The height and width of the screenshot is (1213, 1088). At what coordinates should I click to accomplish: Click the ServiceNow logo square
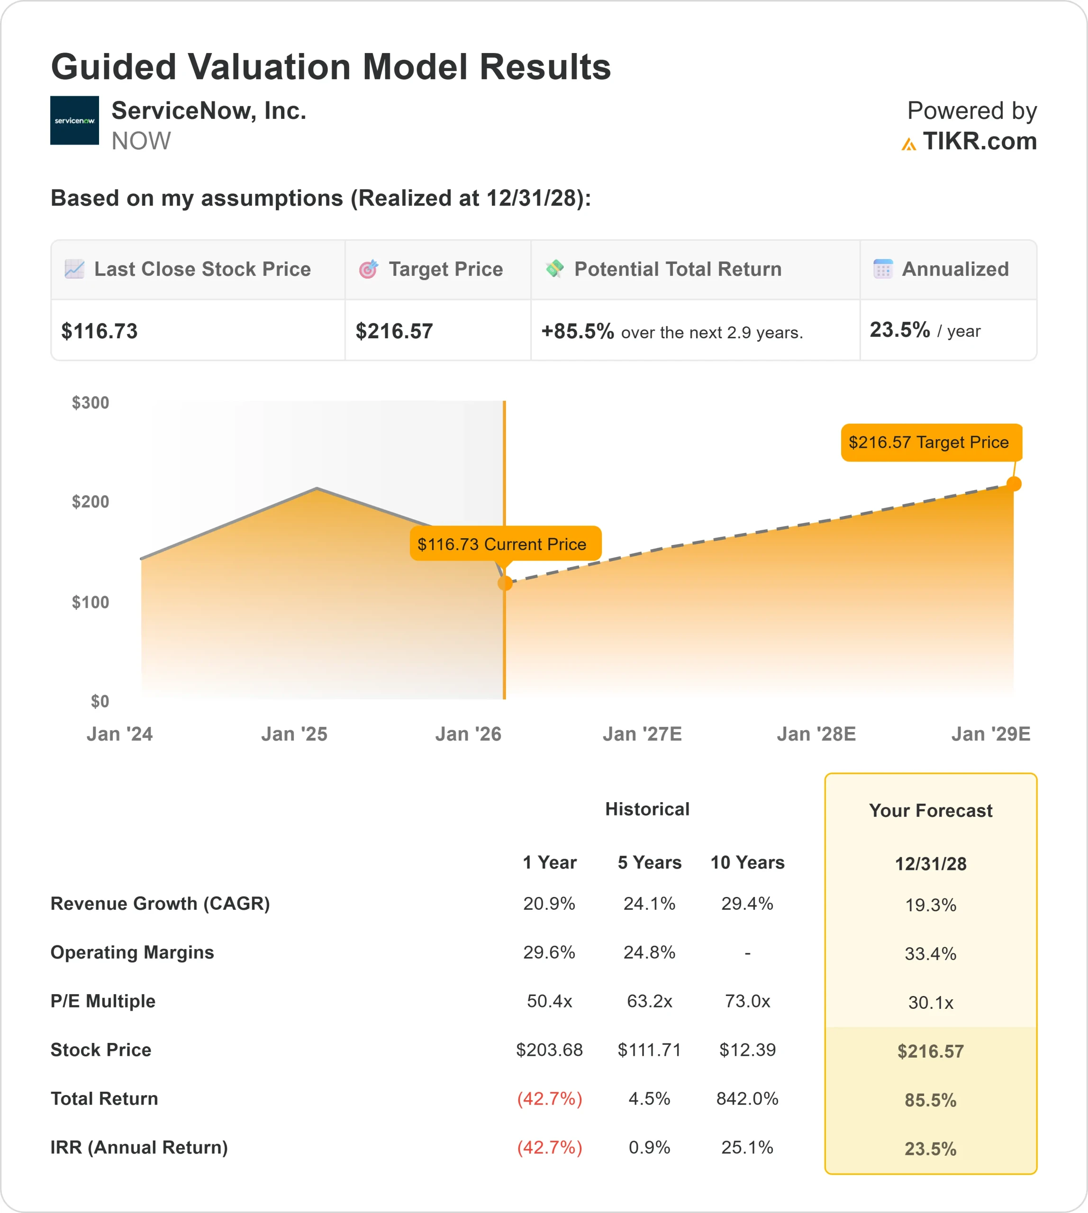click(x=74, y=120)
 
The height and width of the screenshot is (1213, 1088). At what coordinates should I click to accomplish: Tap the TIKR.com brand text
click(x=979, y=142)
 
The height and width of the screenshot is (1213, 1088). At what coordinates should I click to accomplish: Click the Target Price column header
click(x=445, y=270)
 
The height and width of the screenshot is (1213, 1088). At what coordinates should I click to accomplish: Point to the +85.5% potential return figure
click(x=578, y=331)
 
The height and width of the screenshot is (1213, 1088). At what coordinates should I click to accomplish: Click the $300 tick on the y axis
click(x=90, y=403)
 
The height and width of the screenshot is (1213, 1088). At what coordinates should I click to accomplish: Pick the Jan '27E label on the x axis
click(x=642, y=734)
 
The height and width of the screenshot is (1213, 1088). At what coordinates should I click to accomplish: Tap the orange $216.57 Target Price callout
click(x=931, y=443)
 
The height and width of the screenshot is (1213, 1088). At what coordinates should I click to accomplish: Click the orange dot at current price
click(x=505, y=583)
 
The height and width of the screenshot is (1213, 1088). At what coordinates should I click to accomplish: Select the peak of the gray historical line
click(x=317, y=489)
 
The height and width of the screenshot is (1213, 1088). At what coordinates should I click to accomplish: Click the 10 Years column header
click(x=747, y=863)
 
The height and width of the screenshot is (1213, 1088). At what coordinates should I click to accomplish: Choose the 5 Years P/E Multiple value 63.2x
click(x=649, y=1001)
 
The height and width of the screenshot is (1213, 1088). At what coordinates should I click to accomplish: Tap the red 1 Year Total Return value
click(x=549, y=1099)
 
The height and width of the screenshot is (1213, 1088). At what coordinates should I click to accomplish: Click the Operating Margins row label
click(x=132, y=952)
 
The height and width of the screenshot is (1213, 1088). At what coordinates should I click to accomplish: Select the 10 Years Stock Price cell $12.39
click(x=747, y=1050)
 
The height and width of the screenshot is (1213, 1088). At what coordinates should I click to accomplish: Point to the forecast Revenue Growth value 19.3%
click(x=930, y=905)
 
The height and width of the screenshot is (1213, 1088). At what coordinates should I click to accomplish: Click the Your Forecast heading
click(x=930, y=811)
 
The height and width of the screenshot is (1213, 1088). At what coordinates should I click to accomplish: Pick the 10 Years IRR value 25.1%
click(x=747, y=1147)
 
